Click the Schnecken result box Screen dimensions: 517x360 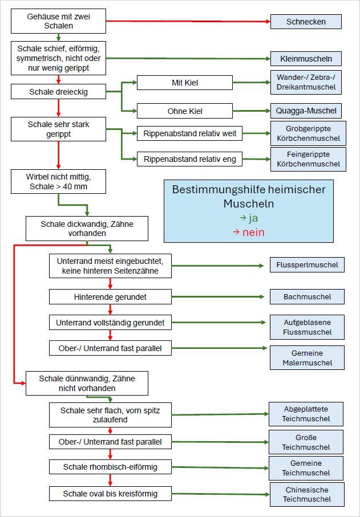click(x=306, y=22)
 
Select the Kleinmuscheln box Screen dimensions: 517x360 click(x=306, y=59)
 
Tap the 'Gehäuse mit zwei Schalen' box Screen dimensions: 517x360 click(x=58, y=22)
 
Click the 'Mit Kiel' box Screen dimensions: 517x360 click(x=184, y=83)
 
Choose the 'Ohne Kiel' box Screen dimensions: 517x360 click(x=184, y=111)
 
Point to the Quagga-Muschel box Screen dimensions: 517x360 click(x=306, y=111)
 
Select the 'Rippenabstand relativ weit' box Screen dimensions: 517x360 click(x=189, y=135)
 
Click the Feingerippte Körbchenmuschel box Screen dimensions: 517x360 click(x=308, y=159)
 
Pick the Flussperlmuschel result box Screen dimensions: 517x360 click(x=307, y=264)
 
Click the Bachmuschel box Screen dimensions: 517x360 click(x=307, y=297)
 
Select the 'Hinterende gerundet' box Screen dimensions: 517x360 click(x=110, y=297)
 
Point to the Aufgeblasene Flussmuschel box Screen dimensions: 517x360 click(x=307, y=327)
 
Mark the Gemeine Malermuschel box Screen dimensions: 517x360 click(x=307, y=358)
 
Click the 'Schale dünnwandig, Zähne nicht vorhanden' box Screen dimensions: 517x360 click(x=87, y=383)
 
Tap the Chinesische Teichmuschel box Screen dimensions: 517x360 click(x=306, y=494)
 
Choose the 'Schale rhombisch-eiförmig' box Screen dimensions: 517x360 click(x=110, y=467)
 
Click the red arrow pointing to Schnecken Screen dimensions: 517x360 click(x=188, y=22)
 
